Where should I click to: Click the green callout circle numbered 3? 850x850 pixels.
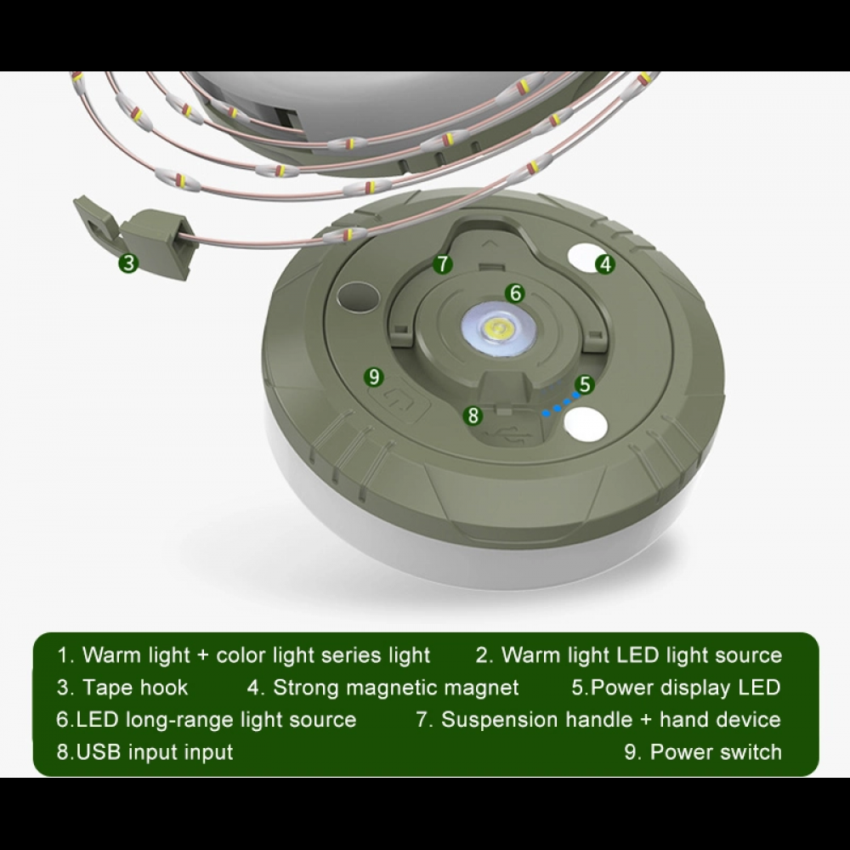click(127, 263)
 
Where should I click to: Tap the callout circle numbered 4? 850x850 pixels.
click(604, 263)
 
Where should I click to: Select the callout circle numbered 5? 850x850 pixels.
click(584, 385)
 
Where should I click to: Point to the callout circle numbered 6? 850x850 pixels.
click(514, 293)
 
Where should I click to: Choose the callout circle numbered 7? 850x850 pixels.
click(442, 263)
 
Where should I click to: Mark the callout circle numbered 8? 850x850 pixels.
click(473, 416)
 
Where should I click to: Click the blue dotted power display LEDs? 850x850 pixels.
click(558, 405)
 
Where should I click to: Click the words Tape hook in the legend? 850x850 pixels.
click(134, 687)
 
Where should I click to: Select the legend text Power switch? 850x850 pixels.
click(715, 751)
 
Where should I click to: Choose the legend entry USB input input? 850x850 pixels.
click(144, 751)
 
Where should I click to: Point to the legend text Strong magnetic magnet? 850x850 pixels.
click(395, 687)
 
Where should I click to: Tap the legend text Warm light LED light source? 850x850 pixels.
click(640, 654)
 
